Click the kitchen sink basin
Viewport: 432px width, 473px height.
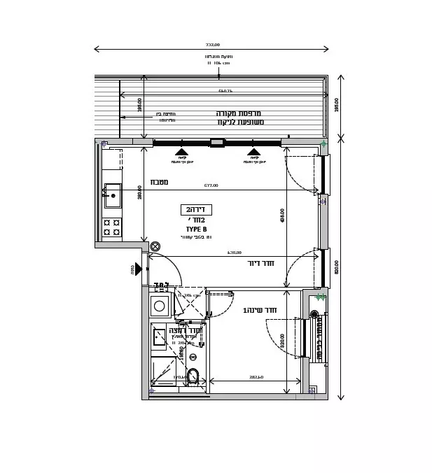[x=113, y=195]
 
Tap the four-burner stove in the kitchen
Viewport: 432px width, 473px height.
[x=112, y=227]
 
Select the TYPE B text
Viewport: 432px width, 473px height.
[x=196, y=229]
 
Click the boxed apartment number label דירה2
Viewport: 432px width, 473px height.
[x=196, y=209]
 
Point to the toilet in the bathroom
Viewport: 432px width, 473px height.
[x=193, y=376]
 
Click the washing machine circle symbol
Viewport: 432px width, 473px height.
[x=160, y=306]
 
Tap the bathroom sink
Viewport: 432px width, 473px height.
[x=160, y=336]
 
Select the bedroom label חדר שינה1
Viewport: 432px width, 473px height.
[x=260, y=310]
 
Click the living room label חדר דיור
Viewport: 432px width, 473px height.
[x=260, y=264]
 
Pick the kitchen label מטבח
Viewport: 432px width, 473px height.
[x=159, y=182]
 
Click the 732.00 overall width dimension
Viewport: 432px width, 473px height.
[x=212, y=44]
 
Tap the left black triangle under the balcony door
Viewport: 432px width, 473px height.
[x=181, y=151]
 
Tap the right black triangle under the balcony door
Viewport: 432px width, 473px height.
[x=253, y=151]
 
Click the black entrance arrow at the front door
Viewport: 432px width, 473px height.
[x=139, y=269]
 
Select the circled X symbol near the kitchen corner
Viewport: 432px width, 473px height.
[x=155, y=246]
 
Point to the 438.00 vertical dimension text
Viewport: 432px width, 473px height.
[x=283, y=216]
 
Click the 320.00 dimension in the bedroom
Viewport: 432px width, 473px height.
[x=283, y=341]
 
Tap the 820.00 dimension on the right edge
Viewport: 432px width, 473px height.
[x=337, y=267]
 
